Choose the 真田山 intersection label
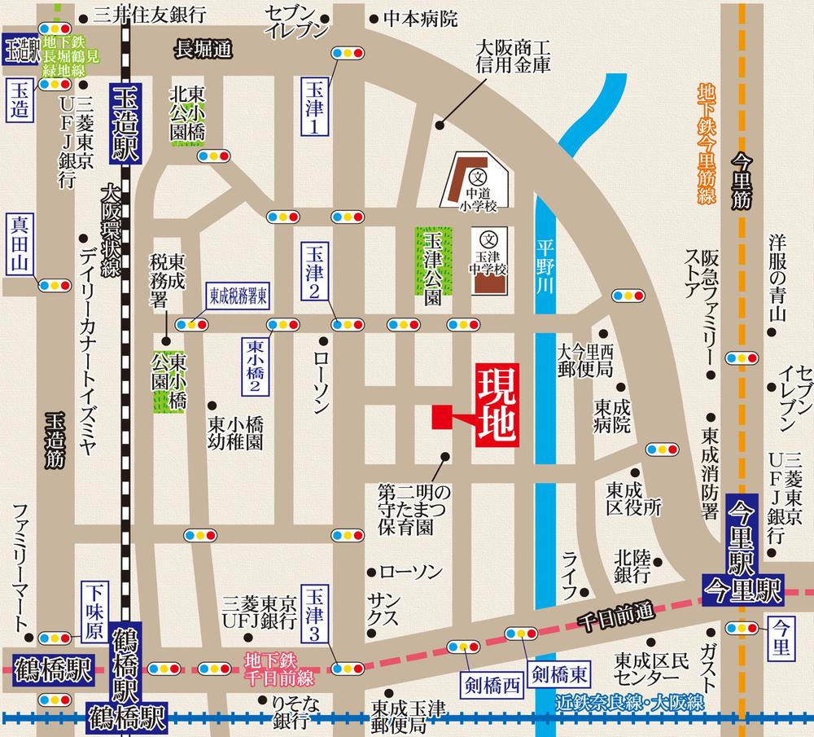(19, 243)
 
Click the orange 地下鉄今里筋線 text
(705, 143)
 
